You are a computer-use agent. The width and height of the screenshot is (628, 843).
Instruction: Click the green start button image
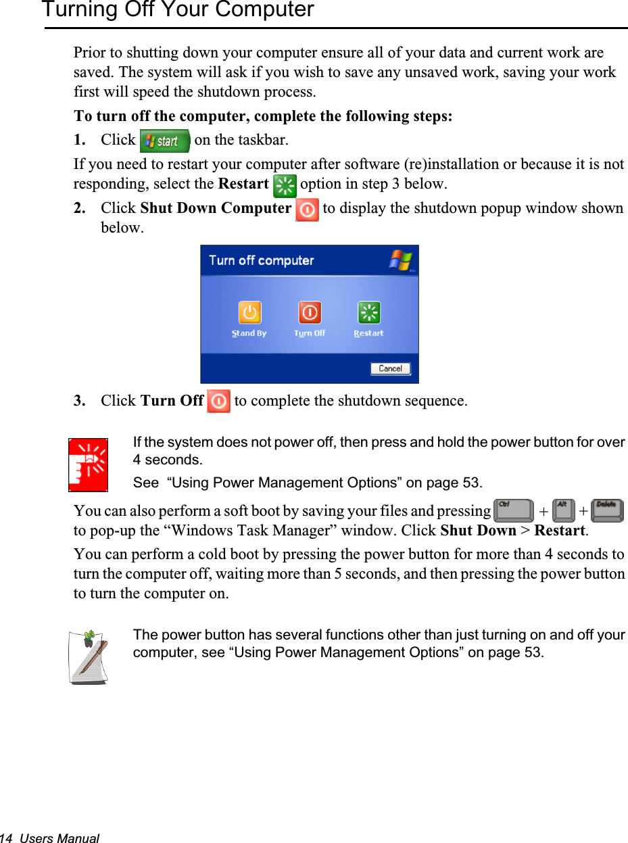click(x=164, y=141)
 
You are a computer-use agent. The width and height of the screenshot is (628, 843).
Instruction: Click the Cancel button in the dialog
click(x=390, y=368)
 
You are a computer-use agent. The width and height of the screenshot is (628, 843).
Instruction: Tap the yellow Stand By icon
click(x=249, y=313)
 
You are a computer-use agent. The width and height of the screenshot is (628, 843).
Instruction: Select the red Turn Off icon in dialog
click(x=310, y=313)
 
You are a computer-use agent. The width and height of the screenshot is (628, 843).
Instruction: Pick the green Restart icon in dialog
click(x=368, y=313)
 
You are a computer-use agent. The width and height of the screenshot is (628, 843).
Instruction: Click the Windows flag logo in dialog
click(x=400, y=260)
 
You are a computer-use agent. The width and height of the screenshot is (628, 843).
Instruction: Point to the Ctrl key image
click(x=513, y=510)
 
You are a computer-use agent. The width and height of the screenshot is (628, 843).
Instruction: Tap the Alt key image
click(x=563, y=510)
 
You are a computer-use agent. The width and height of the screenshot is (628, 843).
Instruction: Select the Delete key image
click(x=607, y=510)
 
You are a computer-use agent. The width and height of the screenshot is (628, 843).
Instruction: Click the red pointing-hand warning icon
click(x=89, y=464)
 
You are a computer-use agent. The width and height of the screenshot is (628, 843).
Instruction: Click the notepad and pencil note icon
click(x=89, y=656)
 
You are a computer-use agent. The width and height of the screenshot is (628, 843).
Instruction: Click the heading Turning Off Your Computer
click(x=178, y=10)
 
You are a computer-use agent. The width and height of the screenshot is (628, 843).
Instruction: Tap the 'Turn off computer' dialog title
click(x=261, y=261)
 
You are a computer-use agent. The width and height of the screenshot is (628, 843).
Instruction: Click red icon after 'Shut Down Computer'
click(x=308, y=210)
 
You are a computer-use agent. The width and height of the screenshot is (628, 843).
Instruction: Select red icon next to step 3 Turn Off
click(x=218, y=402)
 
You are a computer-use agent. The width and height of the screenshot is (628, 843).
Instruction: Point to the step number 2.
click(x=78, y=208)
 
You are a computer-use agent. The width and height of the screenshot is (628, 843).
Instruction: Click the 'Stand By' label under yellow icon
click(x=249, y=333)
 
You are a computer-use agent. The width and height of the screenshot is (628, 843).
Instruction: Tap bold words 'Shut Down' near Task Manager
click(x=477, y=531)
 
